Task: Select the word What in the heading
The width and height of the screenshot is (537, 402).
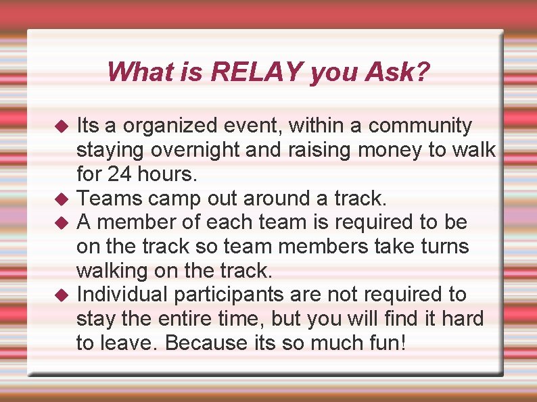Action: (x=134, y=72)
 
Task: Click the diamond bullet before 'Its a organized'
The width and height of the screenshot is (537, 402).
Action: (x=61, y=126)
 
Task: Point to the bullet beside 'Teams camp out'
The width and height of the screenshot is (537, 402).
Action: (x=61, y=198)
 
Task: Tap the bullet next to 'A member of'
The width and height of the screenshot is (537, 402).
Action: (x=61, y=222)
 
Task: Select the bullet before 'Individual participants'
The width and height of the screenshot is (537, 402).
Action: (x=61, y=295)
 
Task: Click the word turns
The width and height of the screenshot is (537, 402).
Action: (x=441, y=246)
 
